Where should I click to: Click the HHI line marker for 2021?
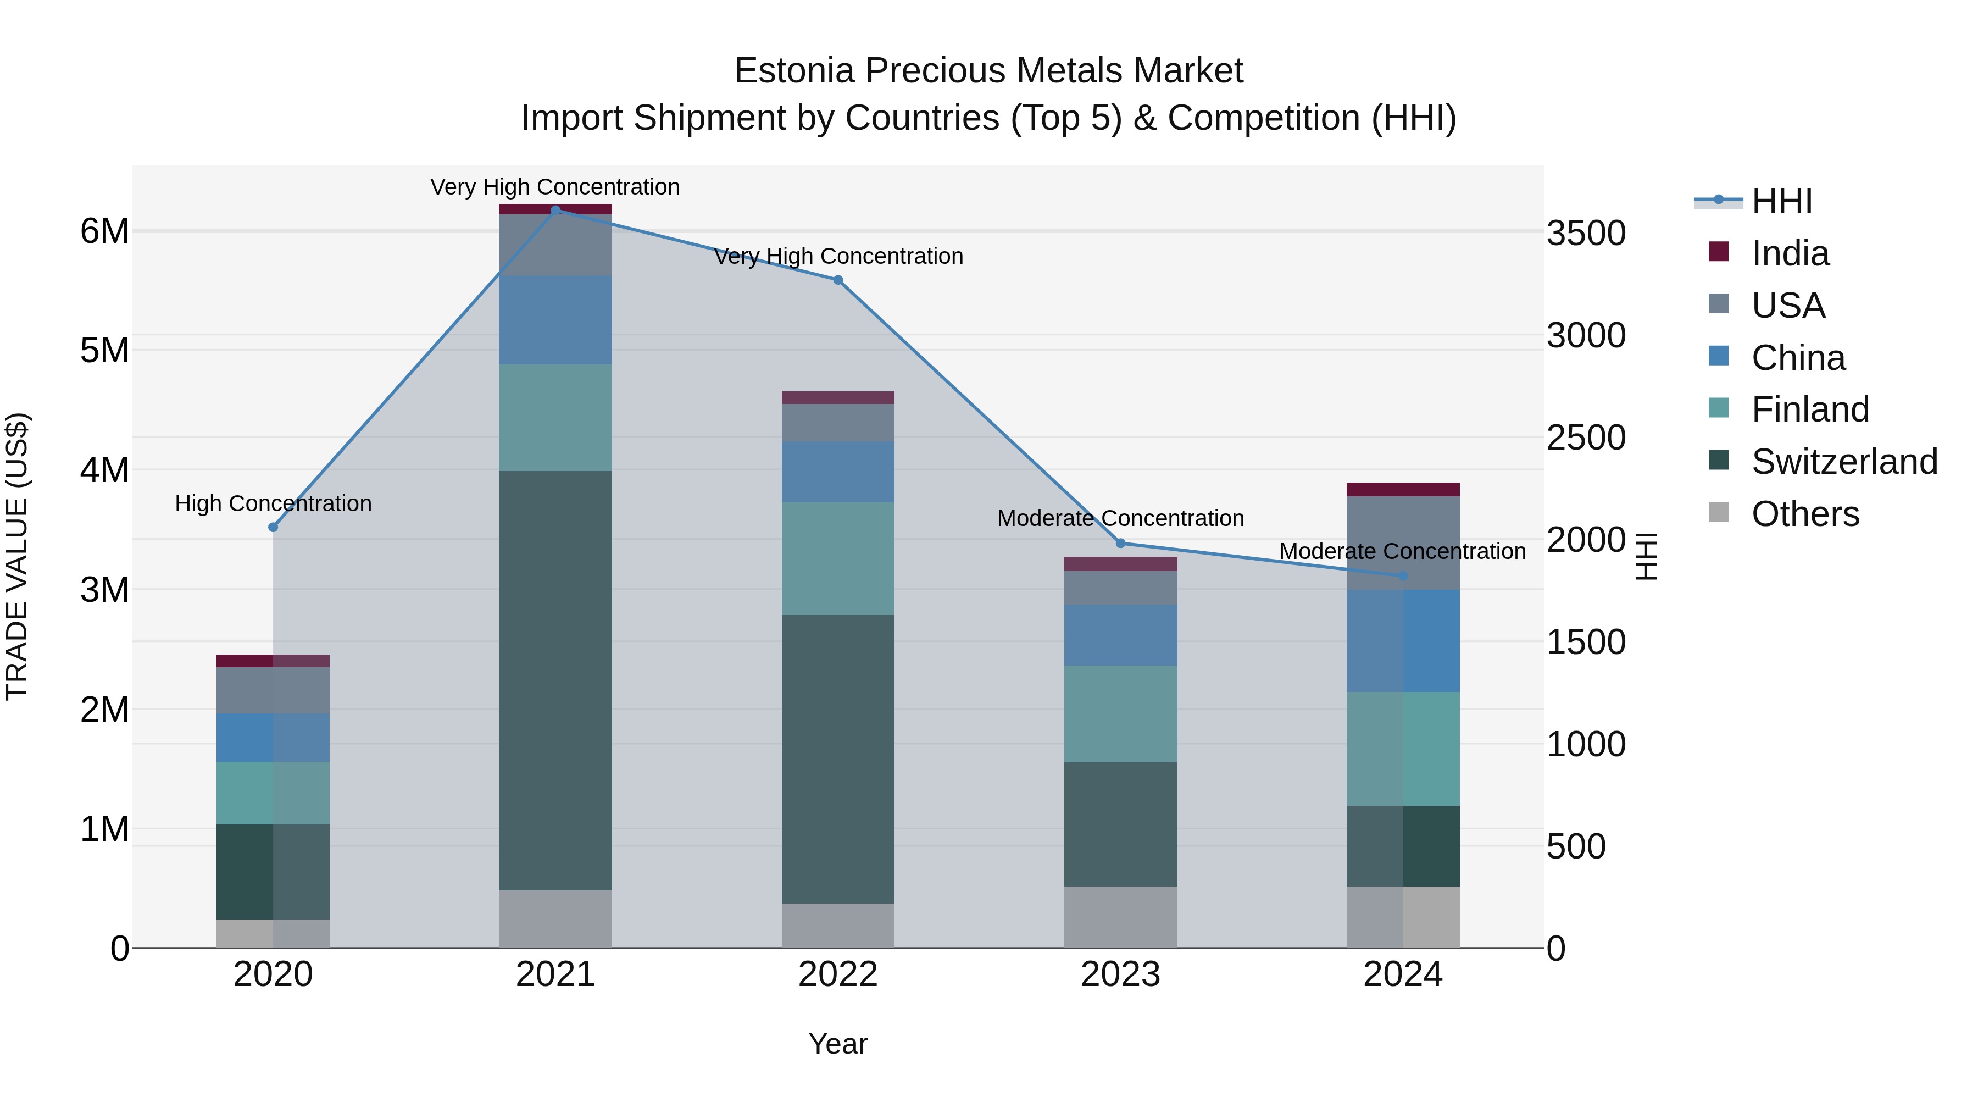555,210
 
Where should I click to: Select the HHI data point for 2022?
838,280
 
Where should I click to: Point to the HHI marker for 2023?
1120,543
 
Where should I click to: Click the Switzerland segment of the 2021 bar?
555,680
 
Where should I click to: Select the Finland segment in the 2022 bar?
838,558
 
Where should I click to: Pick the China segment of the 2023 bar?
1120,634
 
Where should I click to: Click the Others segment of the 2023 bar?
1120,917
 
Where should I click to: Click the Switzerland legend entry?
1843,462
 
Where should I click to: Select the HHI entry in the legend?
1781,201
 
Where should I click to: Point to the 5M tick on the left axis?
105,350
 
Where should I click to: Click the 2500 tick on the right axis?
1586,438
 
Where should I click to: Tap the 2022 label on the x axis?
838,974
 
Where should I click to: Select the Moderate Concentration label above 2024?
1402,551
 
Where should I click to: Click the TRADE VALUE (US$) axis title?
17,556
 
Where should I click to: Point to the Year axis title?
838,1044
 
